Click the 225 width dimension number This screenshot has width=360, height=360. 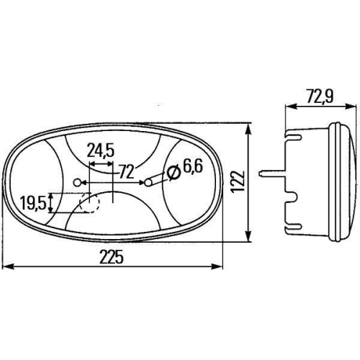[112, 257]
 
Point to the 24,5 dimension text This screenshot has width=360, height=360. [100, 151]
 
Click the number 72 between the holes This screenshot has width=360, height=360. [126, 171]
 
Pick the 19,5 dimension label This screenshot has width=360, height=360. [33, 203]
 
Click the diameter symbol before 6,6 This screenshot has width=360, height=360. [173, 172]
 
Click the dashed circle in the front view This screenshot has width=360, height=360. [89, 203]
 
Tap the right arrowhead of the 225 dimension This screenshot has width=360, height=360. [220, 266]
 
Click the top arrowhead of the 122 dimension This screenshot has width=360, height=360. [249, 127]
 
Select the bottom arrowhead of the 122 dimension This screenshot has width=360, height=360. [249, 241]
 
